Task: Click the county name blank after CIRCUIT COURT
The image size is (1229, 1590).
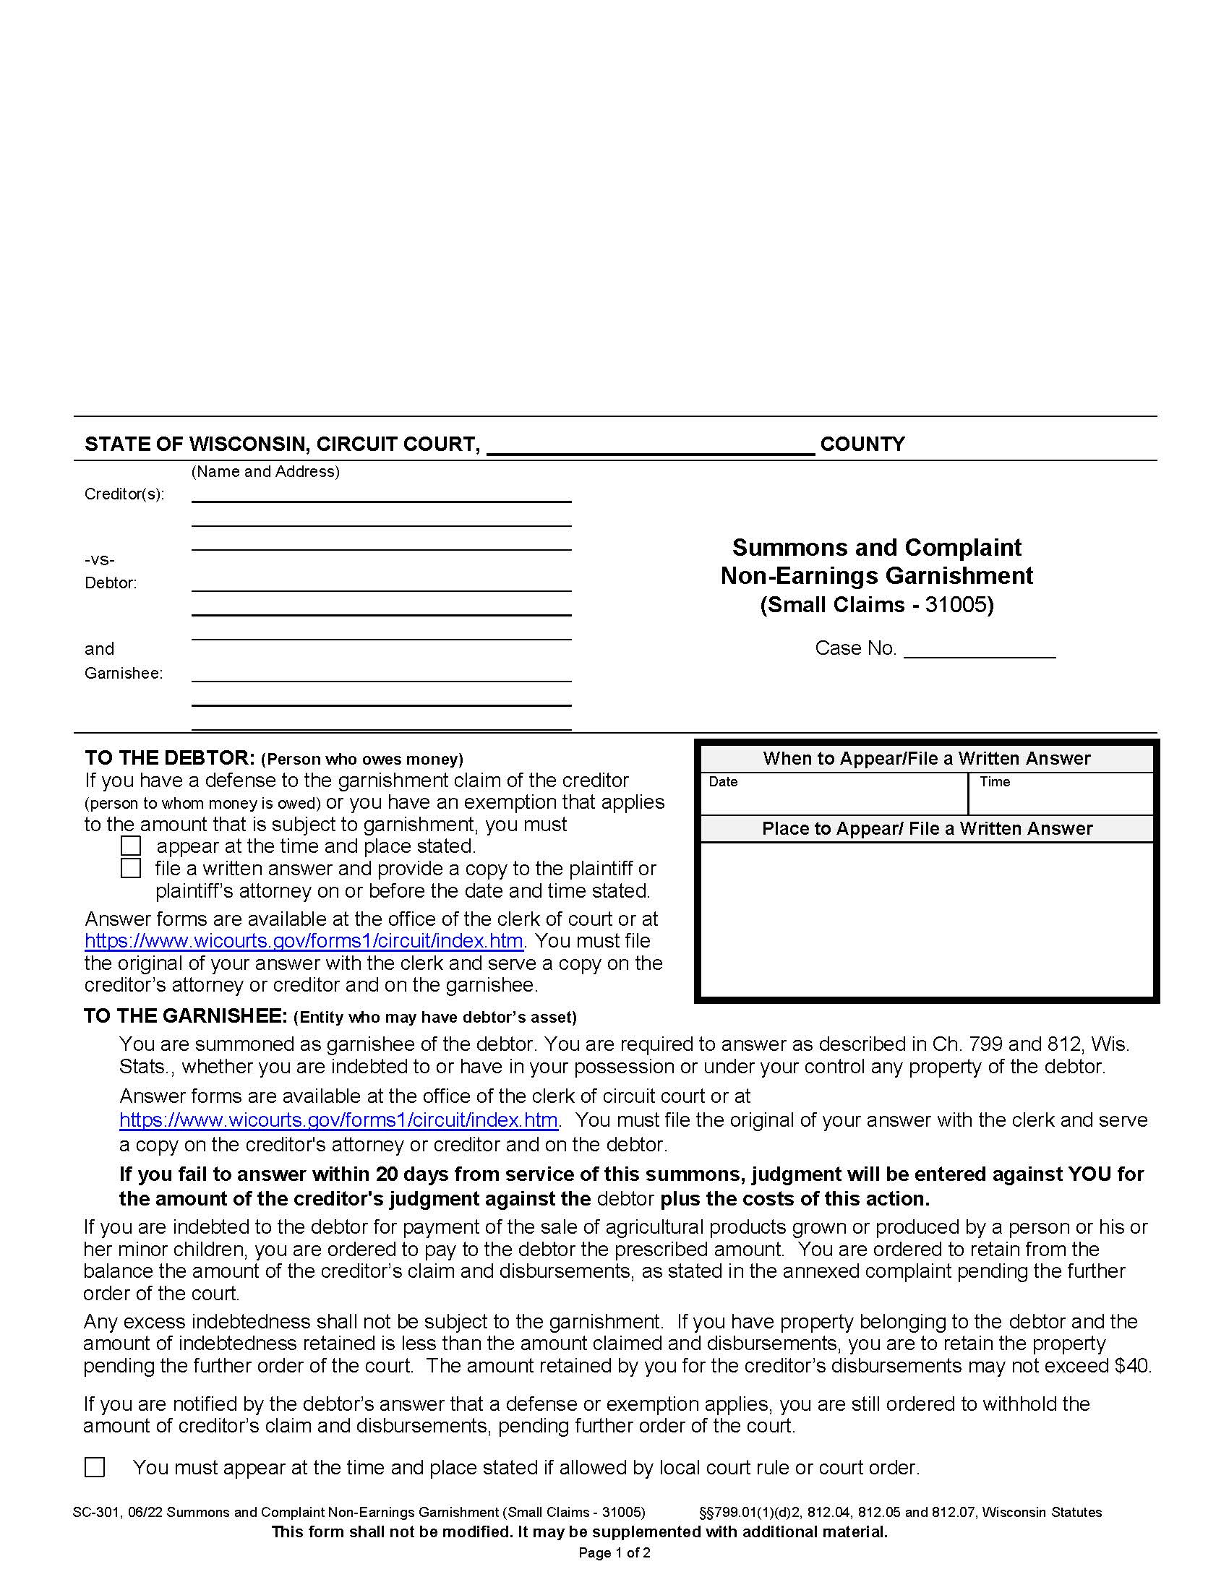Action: [649, 445]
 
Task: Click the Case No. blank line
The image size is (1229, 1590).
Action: [979, 650]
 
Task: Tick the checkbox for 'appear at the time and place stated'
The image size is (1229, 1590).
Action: [131, 846]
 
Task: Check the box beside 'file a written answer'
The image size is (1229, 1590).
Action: [131, 869]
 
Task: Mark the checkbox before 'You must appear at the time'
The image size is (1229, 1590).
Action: [95, 1467]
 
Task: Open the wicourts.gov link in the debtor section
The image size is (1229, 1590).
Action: [304, 941]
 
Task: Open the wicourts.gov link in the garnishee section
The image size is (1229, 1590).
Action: [338, 1120]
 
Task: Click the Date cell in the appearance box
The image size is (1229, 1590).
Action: [833, 794]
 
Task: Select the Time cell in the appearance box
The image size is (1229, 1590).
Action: [1060, 794]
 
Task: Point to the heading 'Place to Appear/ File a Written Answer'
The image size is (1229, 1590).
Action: [927, 829]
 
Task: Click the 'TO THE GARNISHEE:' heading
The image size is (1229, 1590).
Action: [186, 1016]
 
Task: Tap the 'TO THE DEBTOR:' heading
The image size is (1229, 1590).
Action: [170, 759]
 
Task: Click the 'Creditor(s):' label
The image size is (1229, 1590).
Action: [124, 494]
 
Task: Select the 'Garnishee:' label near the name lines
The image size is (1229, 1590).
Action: [123, 674]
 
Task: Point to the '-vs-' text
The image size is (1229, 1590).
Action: [100, 560]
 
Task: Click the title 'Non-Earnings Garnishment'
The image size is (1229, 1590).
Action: [877, 576]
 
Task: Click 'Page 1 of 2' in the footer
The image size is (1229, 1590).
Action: [614, 1553]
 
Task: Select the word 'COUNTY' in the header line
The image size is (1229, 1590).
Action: [862, 444]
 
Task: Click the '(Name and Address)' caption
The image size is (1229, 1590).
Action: [265, 472]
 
